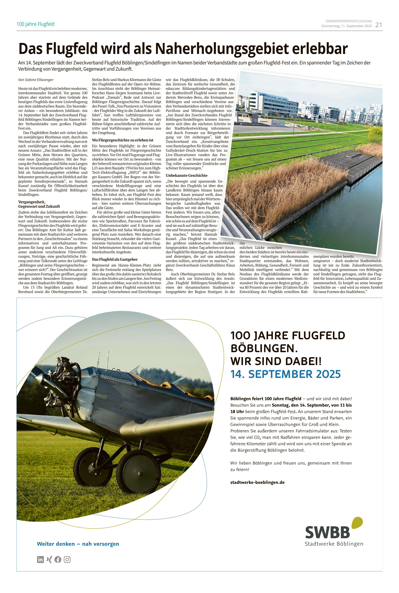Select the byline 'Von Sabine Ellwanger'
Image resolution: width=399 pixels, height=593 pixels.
click(x=36, y=80)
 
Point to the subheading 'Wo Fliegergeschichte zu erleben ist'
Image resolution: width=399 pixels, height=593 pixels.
click(x=123, y=140)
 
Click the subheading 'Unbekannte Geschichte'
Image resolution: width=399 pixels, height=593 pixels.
click(x=187, y=175)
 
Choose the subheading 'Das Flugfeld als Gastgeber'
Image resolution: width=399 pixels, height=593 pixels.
click(x=115, y=259)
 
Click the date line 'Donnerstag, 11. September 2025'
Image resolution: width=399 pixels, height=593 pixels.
click(x=347, y=26)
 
